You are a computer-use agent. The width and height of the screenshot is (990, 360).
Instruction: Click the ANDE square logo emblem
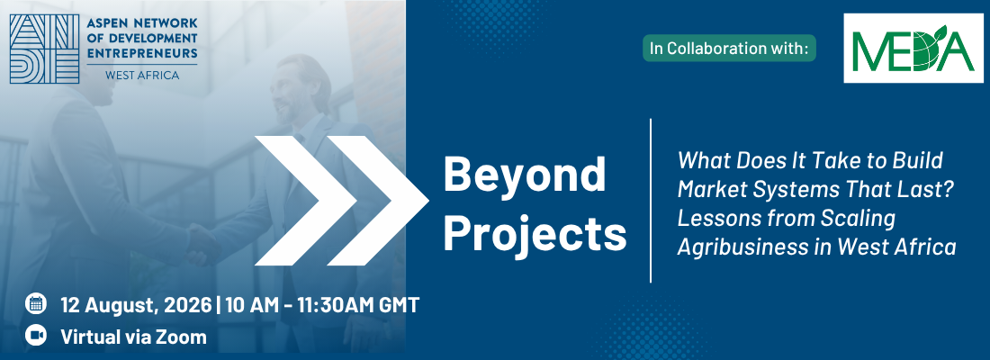click(44, 49)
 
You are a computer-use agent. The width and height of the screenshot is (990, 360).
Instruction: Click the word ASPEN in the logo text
click(106, 22)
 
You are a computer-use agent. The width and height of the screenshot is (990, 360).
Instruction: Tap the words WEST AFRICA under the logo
click(142, 76)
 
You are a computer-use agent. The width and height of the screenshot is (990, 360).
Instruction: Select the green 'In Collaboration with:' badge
click(729, 49)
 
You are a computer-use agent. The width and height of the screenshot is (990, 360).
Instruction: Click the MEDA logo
click(913, 48)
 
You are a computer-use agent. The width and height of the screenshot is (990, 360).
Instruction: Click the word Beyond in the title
click(525, 176)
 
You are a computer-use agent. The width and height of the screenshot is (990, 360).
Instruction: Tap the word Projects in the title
click(535, 234)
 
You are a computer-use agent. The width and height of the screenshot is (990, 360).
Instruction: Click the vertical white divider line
click(651, 200)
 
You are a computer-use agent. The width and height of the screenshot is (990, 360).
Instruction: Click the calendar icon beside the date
click(36, 304)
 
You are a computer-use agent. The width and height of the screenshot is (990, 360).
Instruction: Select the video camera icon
click(36, 336)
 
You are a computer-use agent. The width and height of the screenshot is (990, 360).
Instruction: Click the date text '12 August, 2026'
click(136, 306)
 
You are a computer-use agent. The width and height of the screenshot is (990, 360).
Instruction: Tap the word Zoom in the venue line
click(181, 337)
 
